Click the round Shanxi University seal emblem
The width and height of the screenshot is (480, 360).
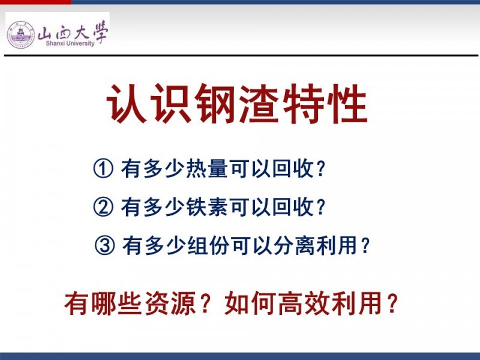click(21, 35)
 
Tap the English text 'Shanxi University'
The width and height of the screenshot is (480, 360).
click(70, 43)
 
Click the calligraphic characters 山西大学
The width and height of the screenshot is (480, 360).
click(73, 32)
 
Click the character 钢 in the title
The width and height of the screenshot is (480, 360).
click(215, 103)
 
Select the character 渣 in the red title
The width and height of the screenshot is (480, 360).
click(260, 103)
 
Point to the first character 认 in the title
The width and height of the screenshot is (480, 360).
click(127, 103)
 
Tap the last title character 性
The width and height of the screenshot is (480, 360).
click(347, 103)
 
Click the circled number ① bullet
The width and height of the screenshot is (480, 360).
click(103, 169)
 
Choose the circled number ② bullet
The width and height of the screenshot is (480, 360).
click(103, 207)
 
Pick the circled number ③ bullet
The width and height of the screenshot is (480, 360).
click(104, 245)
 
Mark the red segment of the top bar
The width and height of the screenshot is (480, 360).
click(36, 2)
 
